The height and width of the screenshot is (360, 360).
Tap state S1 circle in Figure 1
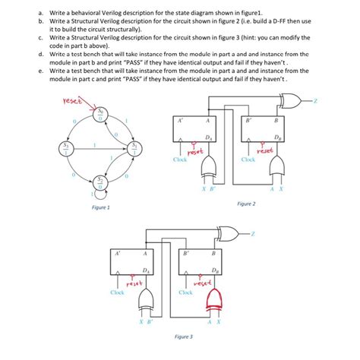(x=134, y=147)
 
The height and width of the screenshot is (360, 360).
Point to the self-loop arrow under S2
(x=96, y=195)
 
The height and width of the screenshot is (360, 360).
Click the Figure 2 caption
(x=246, y=204)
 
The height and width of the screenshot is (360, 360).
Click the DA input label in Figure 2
(x=207, y=134)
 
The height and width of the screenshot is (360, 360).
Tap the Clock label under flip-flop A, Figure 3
(x=118, y=292)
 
